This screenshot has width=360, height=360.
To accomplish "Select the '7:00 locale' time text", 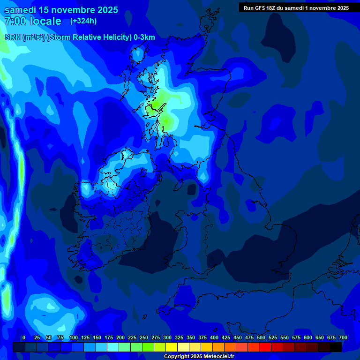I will pyautogui.click(x=33, y=21).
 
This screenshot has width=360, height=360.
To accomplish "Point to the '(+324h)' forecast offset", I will pyautogui.click(x=83, y=21).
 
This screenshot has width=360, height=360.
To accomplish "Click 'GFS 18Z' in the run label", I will pyautogui.click(x=270, y=8).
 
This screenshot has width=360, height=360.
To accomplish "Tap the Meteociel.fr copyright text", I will pyautogui.click(x=199, y=357).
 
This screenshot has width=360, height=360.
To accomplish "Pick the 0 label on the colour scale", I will pyautogui.click(x=24, y=337).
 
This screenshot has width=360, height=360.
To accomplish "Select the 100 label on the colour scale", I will pyautogui.click(x=74, y=337).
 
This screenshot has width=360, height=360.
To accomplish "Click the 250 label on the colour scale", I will pyautogui.click(x=144, y=337).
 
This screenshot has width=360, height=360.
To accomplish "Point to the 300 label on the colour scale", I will pyautogui.click(x=167, y=337).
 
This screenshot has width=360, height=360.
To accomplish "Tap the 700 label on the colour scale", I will pyautogui.click(x=343, y=337).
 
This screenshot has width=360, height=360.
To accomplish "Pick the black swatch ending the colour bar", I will pyautogui.click(x=336, y=347).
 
